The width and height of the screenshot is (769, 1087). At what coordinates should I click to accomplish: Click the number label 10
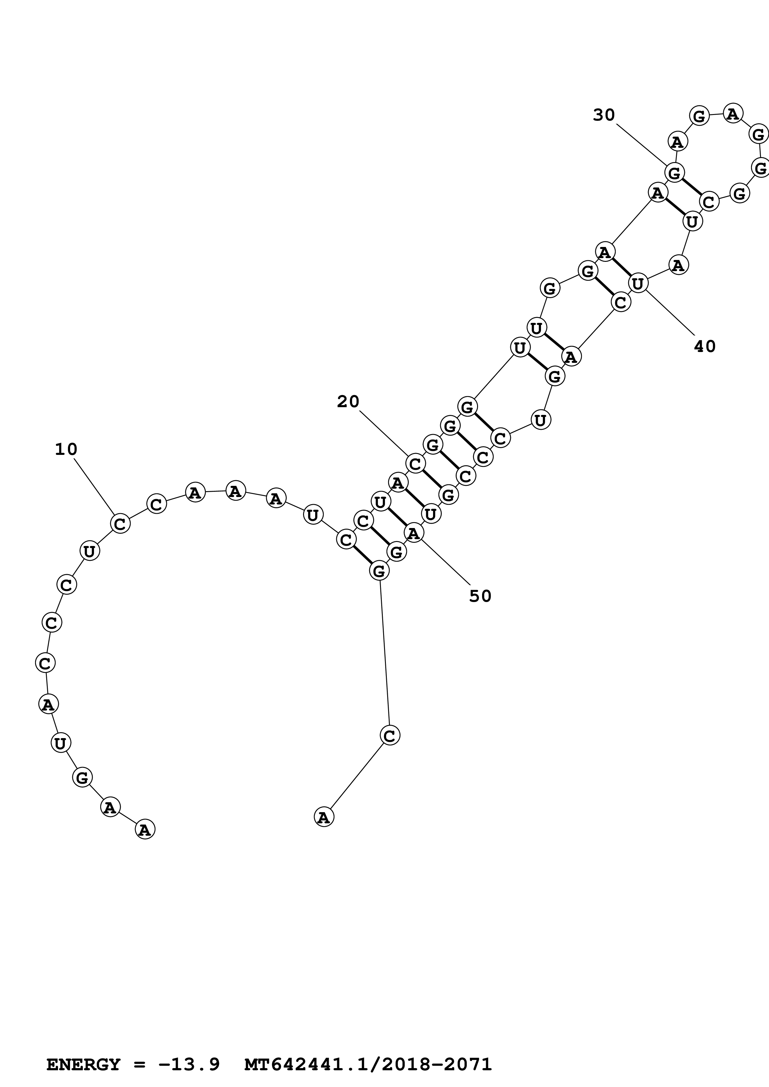point(66,449)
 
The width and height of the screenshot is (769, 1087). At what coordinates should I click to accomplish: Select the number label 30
point(604,115)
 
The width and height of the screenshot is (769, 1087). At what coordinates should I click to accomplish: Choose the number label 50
point(480,596)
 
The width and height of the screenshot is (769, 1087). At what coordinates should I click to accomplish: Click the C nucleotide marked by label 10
point(120,524)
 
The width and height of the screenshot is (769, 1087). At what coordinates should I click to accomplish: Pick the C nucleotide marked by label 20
point(415,464)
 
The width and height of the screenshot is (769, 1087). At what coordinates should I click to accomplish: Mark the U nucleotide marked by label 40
point(638,284)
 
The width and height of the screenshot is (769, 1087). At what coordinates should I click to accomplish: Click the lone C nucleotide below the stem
point(390,736)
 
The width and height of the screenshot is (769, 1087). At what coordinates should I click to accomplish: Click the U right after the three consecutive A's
point(313,515)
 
